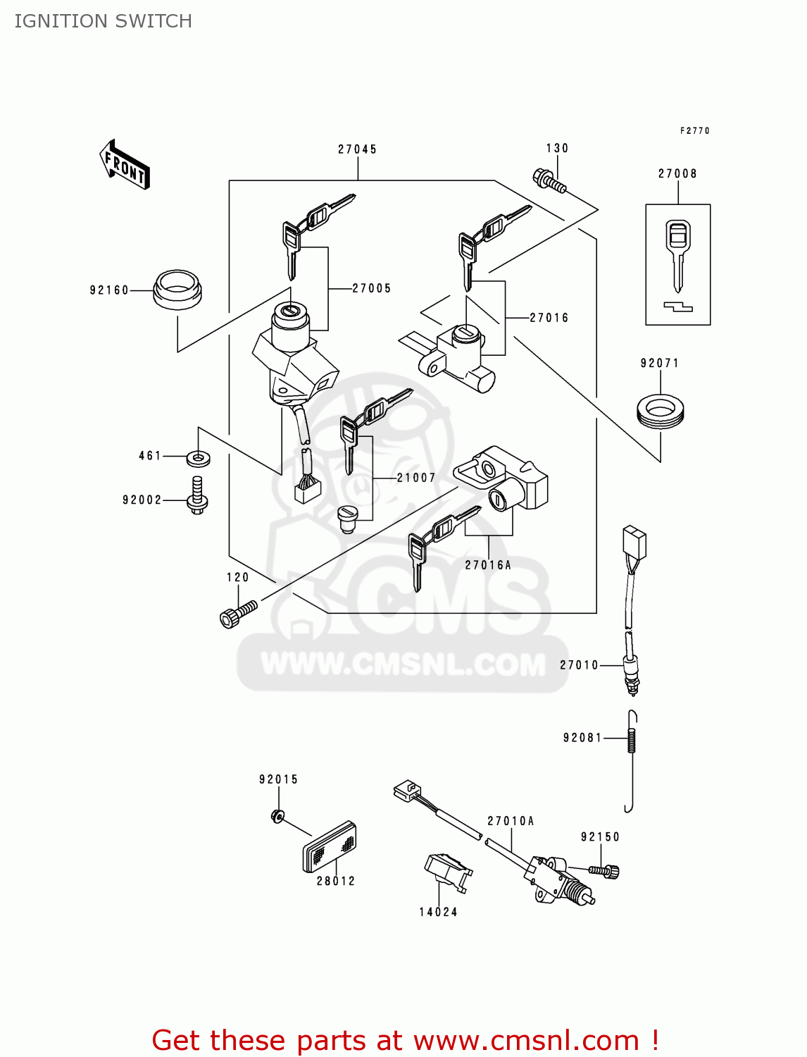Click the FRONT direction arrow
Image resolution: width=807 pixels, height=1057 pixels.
[125, 165]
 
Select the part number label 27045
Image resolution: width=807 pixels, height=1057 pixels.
[357, 149]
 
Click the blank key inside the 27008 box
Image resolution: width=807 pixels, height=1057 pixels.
[677, 254]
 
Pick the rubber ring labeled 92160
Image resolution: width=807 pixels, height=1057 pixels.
[177, 289]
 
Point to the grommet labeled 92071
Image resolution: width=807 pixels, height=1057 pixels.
[660, 412]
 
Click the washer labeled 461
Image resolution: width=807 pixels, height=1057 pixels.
[198, 459]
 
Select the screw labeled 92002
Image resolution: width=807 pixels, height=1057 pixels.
[197, 495]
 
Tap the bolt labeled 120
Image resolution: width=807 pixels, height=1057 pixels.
[237, 613]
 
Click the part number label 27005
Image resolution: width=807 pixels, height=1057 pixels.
[371, 288]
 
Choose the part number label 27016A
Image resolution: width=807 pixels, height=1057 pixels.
[488, 565]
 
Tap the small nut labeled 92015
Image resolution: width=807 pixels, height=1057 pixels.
[277, 816]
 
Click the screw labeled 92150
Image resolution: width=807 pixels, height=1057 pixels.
[604, 871]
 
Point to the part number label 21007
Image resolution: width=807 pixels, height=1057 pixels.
[416, 478]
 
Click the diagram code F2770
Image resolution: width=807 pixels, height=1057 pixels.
[694, 131]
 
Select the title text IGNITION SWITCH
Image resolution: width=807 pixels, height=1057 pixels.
[103, 21]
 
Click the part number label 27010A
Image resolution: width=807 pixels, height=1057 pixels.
[511, 821]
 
